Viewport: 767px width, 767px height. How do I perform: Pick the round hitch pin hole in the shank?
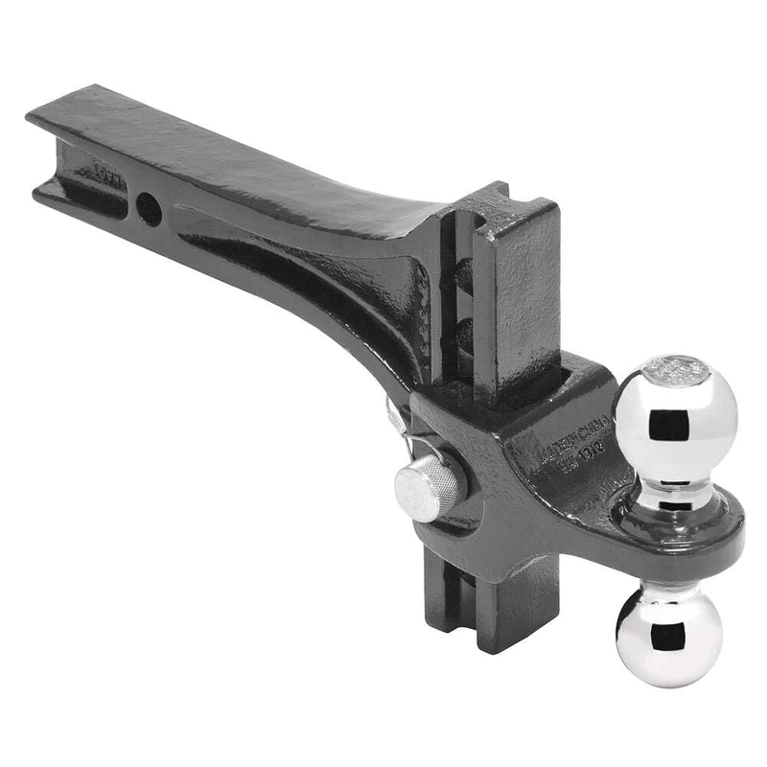pyautogui.click(x=149, y=208)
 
